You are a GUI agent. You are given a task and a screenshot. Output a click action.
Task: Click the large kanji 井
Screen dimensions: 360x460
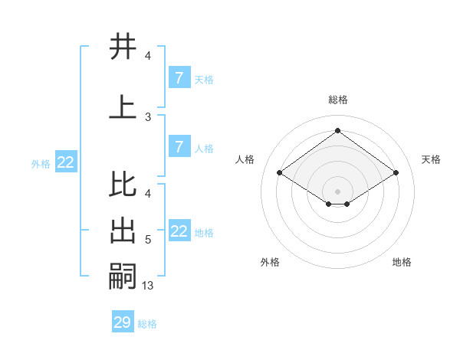[123, 47]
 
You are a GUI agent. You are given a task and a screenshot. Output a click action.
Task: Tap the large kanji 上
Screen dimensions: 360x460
[123, 106]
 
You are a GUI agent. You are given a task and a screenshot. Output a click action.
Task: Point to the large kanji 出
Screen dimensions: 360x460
[123, 232]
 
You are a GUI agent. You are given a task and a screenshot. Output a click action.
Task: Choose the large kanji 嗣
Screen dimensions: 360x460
[123, 276]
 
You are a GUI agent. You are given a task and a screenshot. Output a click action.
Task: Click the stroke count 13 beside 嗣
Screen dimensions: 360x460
[148, 286]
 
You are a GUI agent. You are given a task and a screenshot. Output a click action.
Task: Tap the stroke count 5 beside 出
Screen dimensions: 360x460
[148, 240]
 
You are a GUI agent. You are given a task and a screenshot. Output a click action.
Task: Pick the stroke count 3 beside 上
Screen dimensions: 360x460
[148, 116]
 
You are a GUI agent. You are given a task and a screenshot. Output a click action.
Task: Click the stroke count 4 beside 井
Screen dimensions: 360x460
[148, 55]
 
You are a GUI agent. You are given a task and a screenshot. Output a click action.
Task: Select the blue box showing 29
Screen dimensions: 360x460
[123, 322]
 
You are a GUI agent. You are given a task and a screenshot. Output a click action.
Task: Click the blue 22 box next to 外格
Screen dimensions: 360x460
[66, 162]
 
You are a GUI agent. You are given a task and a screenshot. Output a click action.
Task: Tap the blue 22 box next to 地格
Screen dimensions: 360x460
[179, 231]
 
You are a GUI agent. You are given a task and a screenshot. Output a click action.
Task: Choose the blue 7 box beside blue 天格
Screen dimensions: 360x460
[179, 78]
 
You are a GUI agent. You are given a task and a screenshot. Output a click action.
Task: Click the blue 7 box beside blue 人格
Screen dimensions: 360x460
[179, 147]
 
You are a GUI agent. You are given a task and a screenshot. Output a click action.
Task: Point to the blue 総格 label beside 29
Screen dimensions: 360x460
[148, 324]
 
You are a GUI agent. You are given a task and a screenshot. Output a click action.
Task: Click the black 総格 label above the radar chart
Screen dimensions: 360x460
[337, 100]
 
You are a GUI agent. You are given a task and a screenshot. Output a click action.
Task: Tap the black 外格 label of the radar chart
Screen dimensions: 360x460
[270, 262]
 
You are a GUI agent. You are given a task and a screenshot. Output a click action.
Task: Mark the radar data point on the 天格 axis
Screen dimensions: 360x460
[396, 173]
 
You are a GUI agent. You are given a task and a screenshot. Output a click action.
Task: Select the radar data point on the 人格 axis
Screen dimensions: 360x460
[279, 173]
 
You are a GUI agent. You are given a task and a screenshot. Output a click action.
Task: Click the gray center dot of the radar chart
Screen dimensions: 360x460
[337, 191]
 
